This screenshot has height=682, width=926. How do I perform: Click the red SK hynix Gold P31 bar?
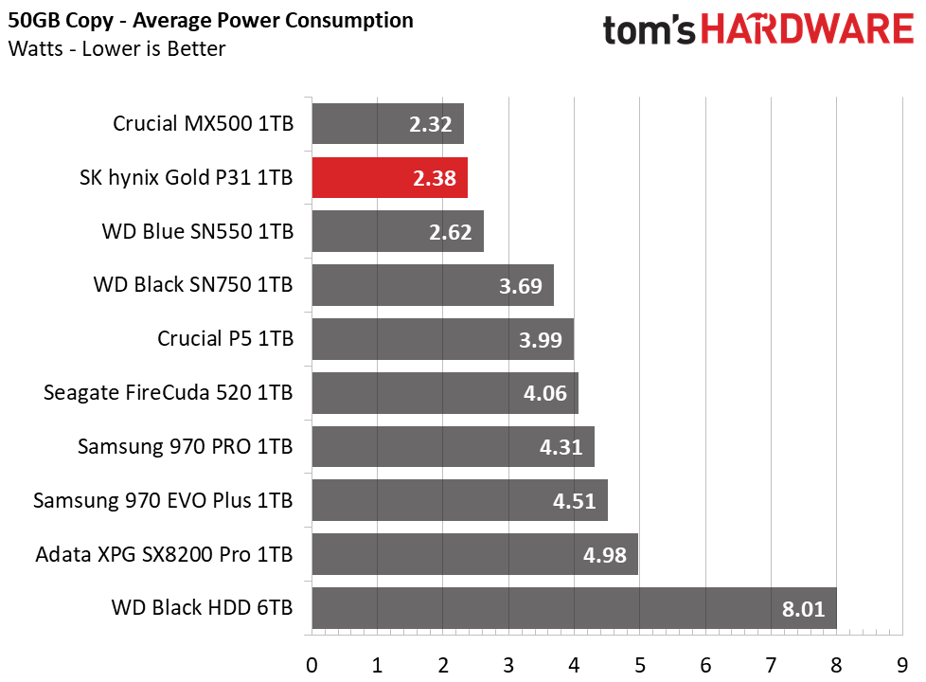[x=390, y=178]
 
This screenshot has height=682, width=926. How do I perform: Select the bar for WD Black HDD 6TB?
[x=575, y=608]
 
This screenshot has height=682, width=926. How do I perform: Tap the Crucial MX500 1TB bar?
[x=388, y=123]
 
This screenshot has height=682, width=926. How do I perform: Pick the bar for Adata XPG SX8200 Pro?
[x=475, y=554]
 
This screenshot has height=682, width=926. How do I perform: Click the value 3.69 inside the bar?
[x=521, y=286]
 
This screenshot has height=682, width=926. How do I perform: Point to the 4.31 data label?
[x=561, y=447]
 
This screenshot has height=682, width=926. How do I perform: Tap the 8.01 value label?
[x=803, y=609]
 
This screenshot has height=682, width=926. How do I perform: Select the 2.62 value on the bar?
[x=450, y=232]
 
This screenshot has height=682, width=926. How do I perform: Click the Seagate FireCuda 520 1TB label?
[x=169, y=392]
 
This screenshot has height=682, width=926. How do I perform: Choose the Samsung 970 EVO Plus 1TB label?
[x=163, y=500]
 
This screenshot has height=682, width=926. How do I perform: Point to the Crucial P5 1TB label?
[x=225, y=339]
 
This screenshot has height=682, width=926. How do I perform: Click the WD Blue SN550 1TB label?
[x=198, y=231]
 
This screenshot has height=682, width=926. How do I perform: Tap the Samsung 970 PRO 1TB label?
[x=186, y=446]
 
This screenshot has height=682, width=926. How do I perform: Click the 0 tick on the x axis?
[x=312, y=666]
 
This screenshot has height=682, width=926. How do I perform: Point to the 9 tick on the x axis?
[x=901, y=666]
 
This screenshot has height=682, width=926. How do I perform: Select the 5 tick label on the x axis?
[x=639, y=666]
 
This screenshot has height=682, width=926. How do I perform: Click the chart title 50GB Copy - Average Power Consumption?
[x=211, y=21]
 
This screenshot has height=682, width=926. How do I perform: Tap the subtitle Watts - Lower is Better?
[x=116, y=48]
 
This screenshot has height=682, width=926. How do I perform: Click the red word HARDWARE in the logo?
[x=808, y=29]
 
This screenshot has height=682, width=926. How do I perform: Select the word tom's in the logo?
[x=649, y=30]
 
